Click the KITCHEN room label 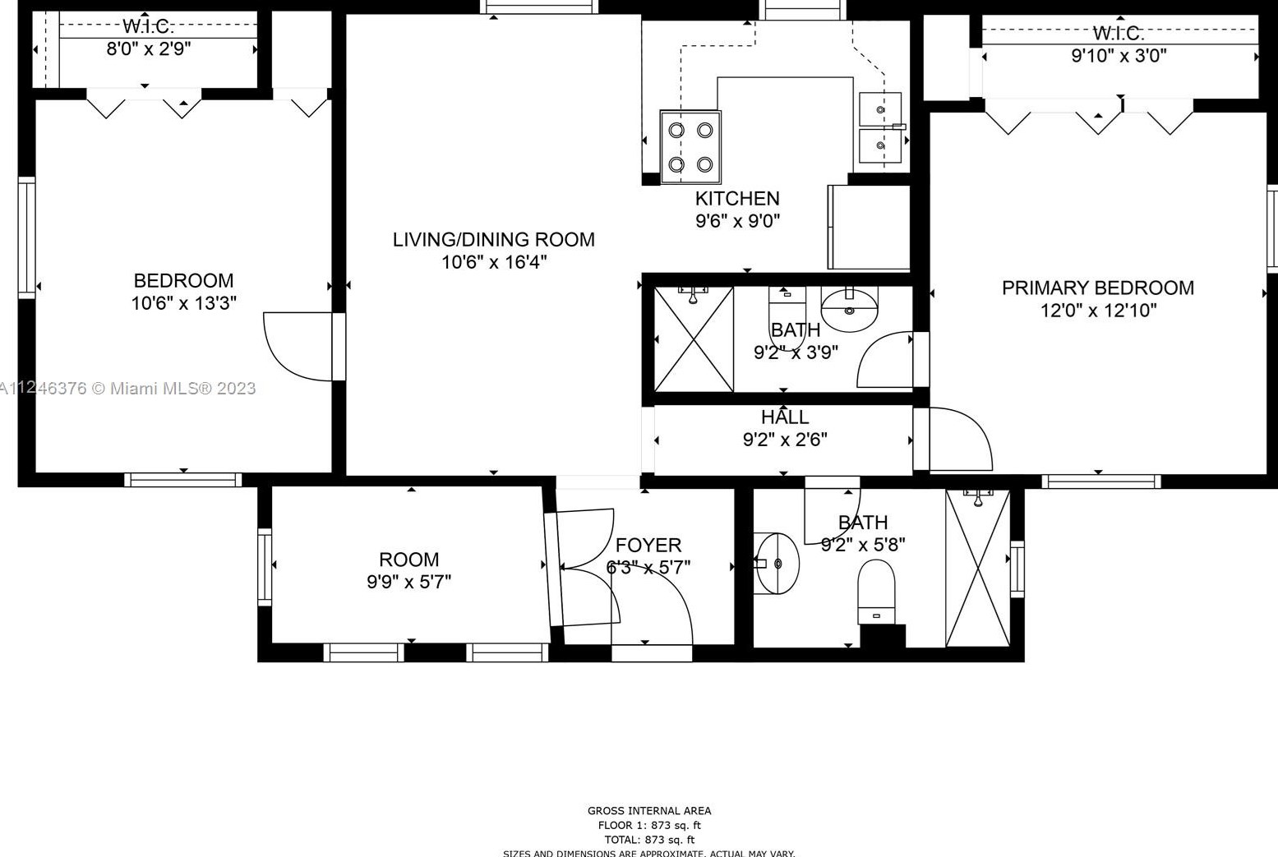coord(737,198)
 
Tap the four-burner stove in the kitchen coord(690,147)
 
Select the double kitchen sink coord(880,127)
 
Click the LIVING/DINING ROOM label coord(493,239)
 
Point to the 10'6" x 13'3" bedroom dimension coord(183,303)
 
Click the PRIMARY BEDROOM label coord(1097,288)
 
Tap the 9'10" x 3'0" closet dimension coord(1119,56)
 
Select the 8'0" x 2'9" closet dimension coord(149,48)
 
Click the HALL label coord(785,417)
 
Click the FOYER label coord(648,545)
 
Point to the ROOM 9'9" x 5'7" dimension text coord(408,582)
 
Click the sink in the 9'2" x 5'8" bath coord(777,564)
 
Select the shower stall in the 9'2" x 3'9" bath coord(694,339)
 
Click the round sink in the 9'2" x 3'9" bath coord(849,308)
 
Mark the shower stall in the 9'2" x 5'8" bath coord(977,568)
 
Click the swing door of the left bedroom coord(298,346)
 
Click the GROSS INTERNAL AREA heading coord(649,810)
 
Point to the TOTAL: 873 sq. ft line coord(649,840)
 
